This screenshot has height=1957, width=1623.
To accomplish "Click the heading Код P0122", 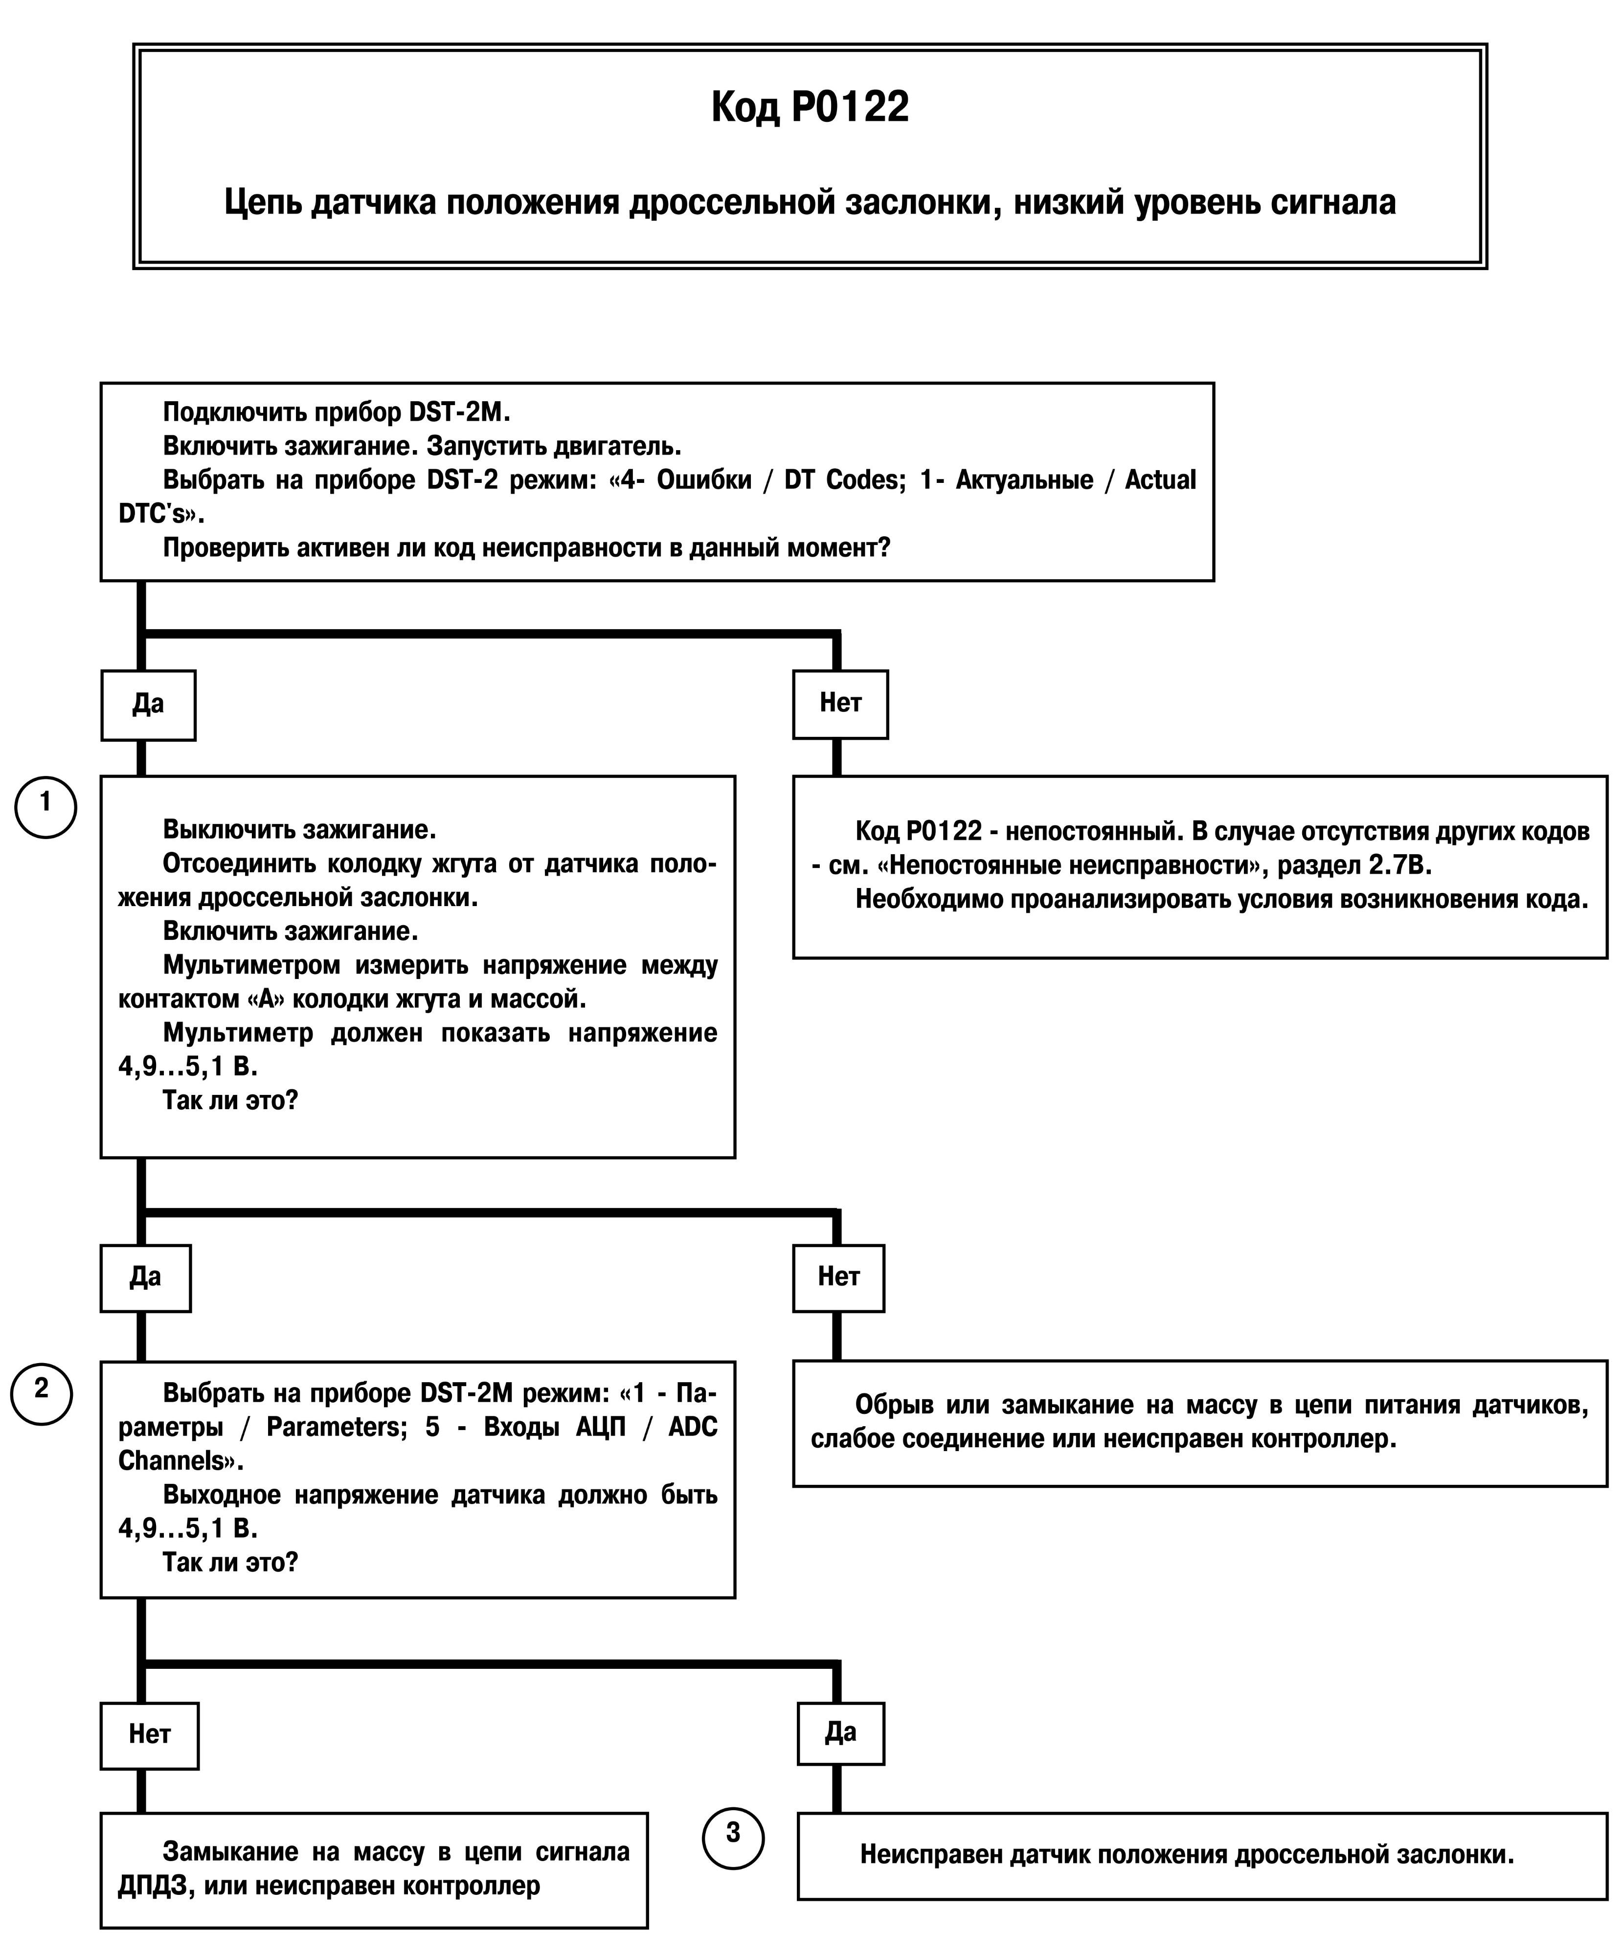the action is (x=810, y=107).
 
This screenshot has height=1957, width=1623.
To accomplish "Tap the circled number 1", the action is (x=45, y=807).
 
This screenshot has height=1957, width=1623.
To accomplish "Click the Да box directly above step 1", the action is (x=148, y=705).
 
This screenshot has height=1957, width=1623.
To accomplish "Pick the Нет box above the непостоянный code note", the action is (x=840, y=704).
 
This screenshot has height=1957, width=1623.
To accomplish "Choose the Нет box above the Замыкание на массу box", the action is (x=149, y=1734).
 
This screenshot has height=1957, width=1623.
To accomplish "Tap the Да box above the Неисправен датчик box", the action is (x=840, y=1732).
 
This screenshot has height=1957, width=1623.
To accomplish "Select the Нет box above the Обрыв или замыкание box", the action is (x=838, y=1277).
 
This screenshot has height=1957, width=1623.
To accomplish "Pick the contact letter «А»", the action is (x=266, y=999).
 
